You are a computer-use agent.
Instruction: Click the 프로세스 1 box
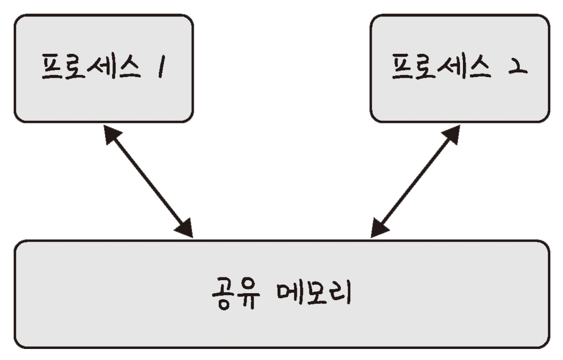click(104, 69)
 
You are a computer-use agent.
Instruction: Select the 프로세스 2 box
click(459, 69)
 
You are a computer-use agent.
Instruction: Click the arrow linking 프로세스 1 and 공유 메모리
click(149, 182)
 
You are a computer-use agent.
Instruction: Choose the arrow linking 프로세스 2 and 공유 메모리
click(415, 182)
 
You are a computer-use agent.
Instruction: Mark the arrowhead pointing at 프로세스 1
click(111, 134)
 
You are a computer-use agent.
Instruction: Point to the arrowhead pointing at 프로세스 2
click(452, 134)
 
